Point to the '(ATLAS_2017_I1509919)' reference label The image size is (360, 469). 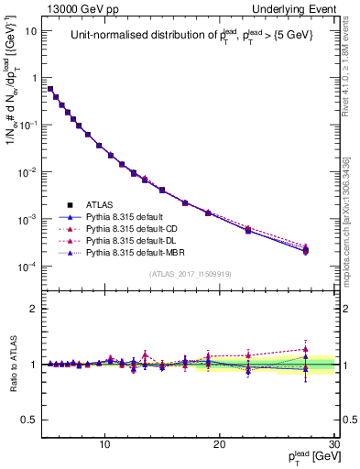point(190,273)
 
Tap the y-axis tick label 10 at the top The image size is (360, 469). point(31,30)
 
